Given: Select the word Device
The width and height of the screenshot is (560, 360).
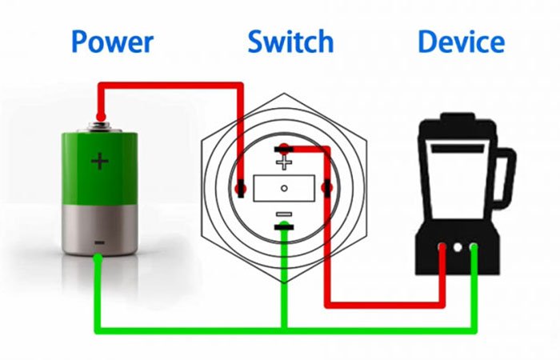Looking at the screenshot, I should point(461,42).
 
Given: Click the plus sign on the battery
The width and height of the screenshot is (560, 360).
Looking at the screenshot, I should point(99,162).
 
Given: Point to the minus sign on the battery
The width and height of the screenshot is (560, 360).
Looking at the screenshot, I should point(99,241).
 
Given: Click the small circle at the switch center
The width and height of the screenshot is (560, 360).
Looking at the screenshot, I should point(284,188).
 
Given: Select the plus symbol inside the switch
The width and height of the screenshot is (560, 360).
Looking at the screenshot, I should point(284,162).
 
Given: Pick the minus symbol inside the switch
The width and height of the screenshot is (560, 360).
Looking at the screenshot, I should point(284,214).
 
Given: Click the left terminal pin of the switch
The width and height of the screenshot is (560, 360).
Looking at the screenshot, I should point(241,188).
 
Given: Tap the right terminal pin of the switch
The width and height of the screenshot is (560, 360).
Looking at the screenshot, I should point(326,188).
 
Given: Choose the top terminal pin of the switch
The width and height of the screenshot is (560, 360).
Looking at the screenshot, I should point(283,148).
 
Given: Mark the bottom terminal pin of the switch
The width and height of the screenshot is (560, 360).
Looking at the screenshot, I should point(284,229).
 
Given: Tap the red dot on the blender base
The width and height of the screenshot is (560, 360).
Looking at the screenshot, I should point(442,247).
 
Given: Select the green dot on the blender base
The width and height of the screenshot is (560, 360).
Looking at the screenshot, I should point(474,247).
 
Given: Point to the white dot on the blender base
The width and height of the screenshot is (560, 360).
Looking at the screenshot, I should point(458,247).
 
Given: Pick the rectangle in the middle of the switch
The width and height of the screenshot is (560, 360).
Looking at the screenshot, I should point(284,188).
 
